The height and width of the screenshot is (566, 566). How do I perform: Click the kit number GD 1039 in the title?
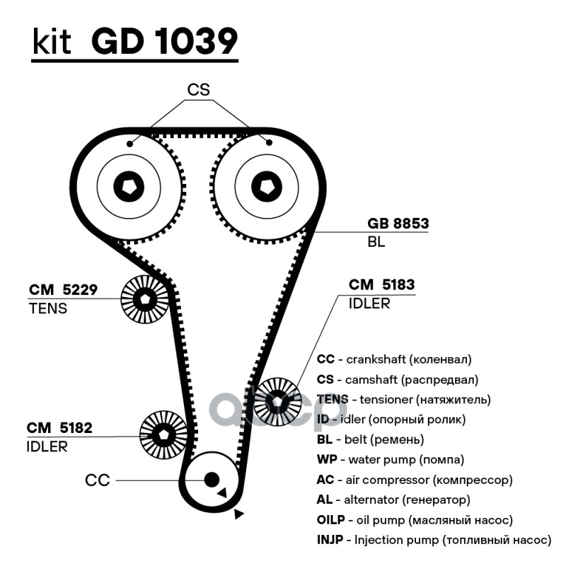tap(164, 42)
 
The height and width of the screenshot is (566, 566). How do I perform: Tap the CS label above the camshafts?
tap(199, 90)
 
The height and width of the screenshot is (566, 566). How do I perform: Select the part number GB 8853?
tap(398, 224)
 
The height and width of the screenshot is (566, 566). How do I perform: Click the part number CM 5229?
tap(63, 289)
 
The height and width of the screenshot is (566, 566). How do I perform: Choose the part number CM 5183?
tap(381, 285)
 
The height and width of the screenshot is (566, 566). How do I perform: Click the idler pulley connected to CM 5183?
tap(278, 400)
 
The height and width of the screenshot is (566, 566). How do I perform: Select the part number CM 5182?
tap(59, 428)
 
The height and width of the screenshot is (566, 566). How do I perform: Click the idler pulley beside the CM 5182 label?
tap(163, 434)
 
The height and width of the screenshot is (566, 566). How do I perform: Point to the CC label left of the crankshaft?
tap(97, 480)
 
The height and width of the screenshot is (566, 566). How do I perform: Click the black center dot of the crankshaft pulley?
tap(210, 480)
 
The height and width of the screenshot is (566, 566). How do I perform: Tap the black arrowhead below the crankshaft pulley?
tap(238, 514)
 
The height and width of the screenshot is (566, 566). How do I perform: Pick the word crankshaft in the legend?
tap(372, 359)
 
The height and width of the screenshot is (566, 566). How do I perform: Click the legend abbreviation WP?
tap(325, 460)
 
